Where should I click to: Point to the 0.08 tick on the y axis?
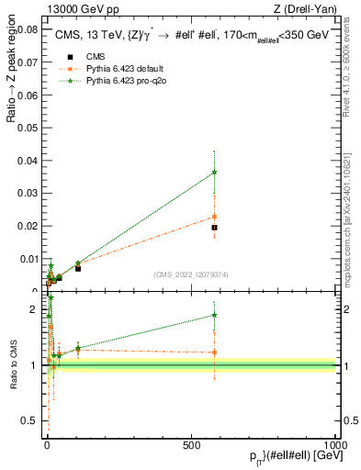click(30, 29)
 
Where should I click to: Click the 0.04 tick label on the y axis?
click(30, 161)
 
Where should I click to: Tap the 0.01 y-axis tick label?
click(30, 259)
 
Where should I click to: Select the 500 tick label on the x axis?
click(191, 443)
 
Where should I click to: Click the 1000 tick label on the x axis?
click(335, 443)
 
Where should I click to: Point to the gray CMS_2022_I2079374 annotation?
click(191, 274)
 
